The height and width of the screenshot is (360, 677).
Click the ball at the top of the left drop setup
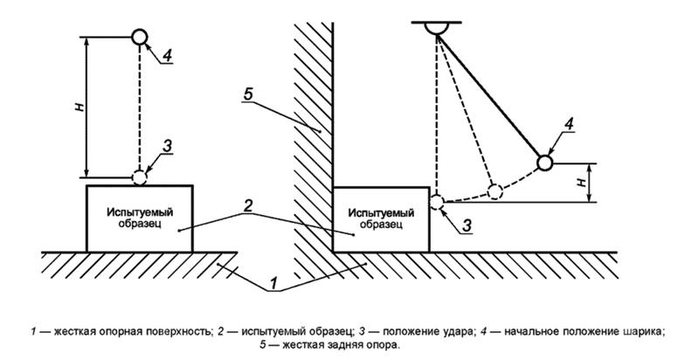pos(139,38)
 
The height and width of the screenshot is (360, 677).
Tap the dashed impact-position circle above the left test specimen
pos(139,177)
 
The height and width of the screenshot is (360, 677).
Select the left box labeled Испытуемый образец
pos(139,218)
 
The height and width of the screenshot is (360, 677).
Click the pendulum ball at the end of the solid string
pos(545,163)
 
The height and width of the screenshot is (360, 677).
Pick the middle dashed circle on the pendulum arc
pos(494,190)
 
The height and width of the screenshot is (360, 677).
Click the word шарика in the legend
pos(643,331)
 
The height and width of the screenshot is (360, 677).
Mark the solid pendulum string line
pos(493,96)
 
